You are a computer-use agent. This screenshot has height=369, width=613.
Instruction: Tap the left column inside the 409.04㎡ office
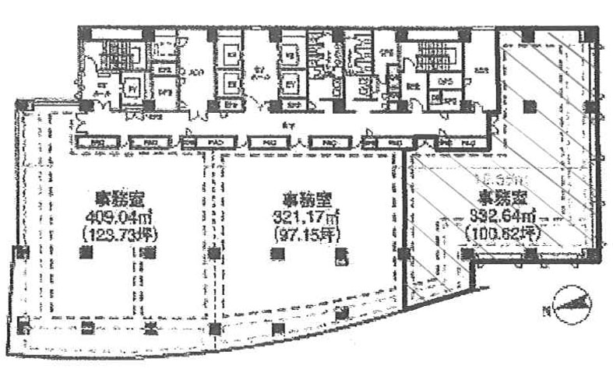click(83, 252)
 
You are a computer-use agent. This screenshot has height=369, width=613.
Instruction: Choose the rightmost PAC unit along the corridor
click(469, 143)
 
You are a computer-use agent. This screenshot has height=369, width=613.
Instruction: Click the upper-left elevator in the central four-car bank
click(231, 56)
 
